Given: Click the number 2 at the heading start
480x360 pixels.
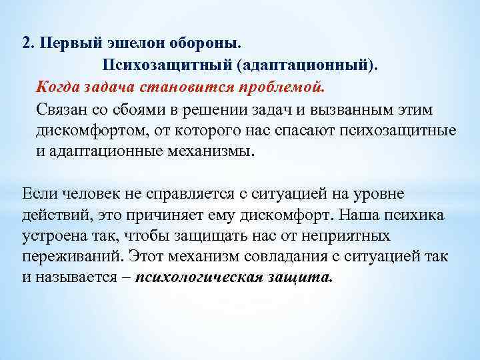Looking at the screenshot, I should (x=26, y=43).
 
